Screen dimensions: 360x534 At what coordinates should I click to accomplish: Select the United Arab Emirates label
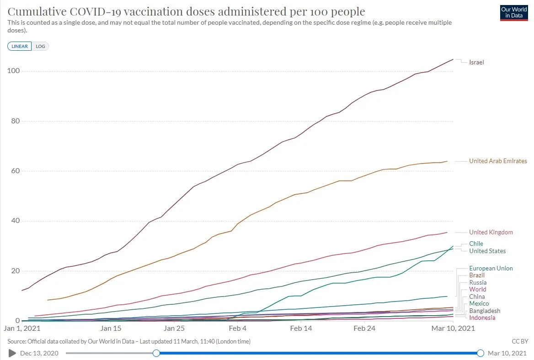click(498, 161)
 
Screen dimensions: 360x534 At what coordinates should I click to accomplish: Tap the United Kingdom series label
click(491, 232)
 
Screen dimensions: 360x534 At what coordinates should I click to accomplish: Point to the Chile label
click(476, 244)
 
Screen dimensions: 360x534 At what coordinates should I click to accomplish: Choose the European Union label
click(491, 268)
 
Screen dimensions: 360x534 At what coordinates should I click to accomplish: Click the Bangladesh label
click(485, 311)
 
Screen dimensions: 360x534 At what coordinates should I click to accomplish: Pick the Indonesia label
click(482, 318)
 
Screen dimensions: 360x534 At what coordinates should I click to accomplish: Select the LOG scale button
click(40, 46)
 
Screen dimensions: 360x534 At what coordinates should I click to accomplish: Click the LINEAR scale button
click(20, 46)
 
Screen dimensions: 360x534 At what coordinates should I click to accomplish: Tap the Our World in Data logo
click(514, 13)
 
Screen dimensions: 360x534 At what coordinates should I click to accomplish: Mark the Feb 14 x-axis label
click(301, 328)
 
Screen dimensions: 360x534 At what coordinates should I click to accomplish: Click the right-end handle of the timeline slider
click(481, 353)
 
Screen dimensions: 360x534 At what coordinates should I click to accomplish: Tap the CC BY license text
click(520, 341)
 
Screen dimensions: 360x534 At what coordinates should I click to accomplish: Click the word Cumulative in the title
click(39, 11)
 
